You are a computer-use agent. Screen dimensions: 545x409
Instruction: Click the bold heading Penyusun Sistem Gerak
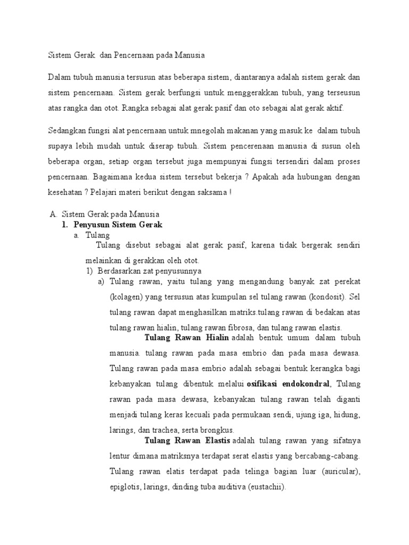pos(118,225)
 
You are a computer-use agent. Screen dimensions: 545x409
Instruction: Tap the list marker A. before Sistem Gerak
pos(53,214)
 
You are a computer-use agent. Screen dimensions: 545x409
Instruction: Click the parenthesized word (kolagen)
pos(126,296)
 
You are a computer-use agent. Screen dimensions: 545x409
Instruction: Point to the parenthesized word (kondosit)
pos(326,296)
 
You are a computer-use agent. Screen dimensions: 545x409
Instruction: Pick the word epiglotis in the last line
pos(125,486)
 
